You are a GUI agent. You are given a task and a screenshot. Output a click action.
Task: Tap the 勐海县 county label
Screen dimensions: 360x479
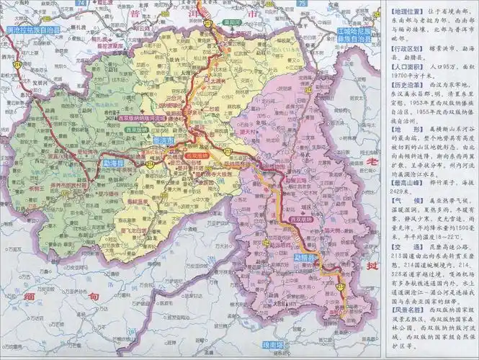115,164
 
